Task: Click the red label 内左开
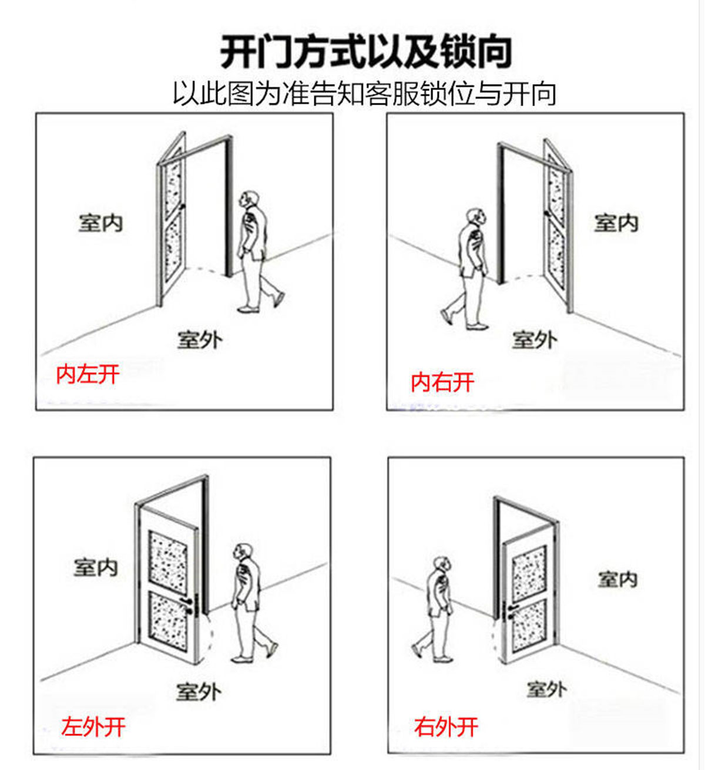88,374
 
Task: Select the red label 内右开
442,382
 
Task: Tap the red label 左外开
93,727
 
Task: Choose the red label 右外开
446,727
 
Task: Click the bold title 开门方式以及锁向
365,52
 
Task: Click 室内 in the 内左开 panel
100,223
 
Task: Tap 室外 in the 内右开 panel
534,339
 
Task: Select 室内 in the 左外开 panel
96,567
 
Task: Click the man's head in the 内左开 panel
250,200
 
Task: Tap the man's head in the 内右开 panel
476,217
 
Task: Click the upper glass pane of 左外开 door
167,559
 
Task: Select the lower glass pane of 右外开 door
529,624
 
